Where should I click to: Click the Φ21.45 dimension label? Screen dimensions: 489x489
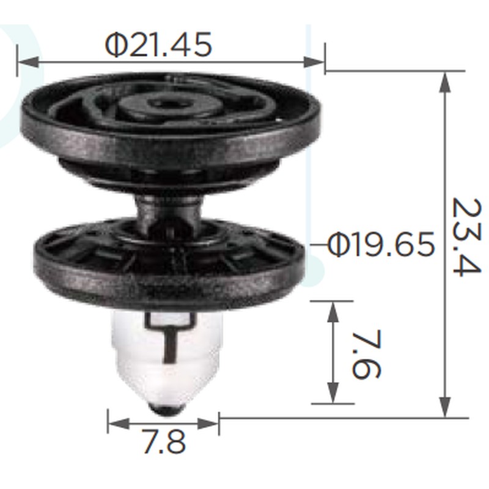coord(158,45)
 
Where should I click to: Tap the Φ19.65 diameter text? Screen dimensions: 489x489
coord(381,244)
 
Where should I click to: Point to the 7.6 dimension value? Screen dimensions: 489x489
coord(366,354)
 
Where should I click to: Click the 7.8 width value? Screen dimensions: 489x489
coord(164,441)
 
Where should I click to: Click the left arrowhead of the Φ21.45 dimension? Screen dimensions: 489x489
coord(28,62)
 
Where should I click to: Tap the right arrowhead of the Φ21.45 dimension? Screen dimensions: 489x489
coord(314,62)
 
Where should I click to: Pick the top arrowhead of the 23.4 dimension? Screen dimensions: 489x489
coord(445,82)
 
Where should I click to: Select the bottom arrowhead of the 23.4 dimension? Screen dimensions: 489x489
coord(445,406)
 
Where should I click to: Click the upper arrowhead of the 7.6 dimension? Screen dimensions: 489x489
coord(333,312)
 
